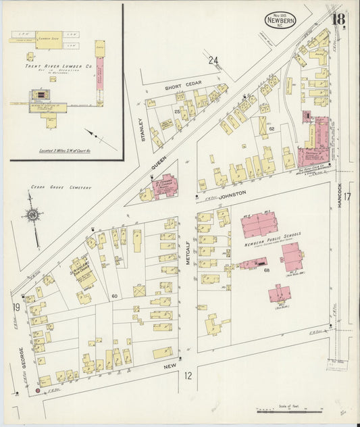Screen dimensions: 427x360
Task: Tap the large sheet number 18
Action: click(338, 18)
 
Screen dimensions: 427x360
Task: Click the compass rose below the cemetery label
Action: click(32, 216)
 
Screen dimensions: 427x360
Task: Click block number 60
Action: click(114, 297)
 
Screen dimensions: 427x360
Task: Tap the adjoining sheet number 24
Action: click(213, 61)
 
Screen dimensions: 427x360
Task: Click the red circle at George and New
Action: click(37, 388)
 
